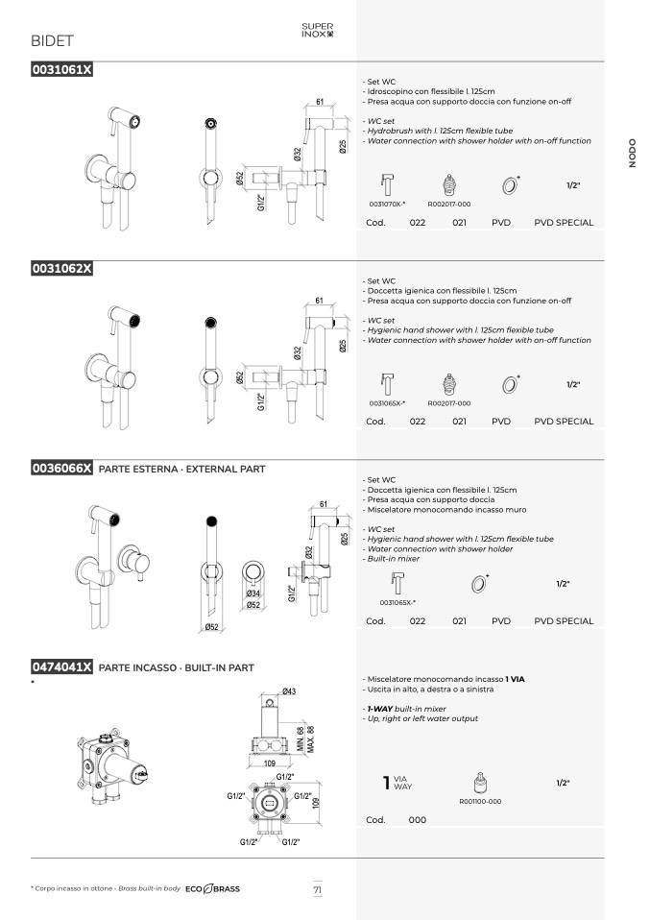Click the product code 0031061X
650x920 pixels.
pos(61,70)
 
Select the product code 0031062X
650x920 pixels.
pos(61,269)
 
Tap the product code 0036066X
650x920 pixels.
pos(61,469)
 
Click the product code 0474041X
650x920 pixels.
pos(61,667)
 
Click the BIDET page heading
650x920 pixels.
pos(52,41)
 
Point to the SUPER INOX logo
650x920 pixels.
pos(318,30)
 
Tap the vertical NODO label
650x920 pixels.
pos(632,153)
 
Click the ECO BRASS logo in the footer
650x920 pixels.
pos(212,889)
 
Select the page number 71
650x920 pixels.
pos(318,889)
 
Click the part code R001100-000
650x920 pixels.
pos(480,802)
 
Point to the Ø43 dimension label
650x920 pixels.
pos(289,691)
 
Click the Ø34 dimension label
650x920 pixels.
pos(253,593)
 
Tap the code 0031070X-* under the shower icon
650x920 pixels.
pos(387,205)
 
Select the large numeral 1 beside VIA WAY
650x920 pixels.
pos(386,783)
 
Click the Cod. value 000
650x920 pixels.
pos(417,820)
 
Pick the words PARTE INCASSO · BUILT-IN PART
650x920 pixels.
pos(176,667)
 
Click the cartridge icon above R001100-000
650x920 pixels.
pos(480,784)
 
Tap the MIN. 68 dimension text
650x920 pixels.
pos(301,739)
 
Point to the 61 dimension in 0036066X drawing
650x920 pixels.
pos(324,504)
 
